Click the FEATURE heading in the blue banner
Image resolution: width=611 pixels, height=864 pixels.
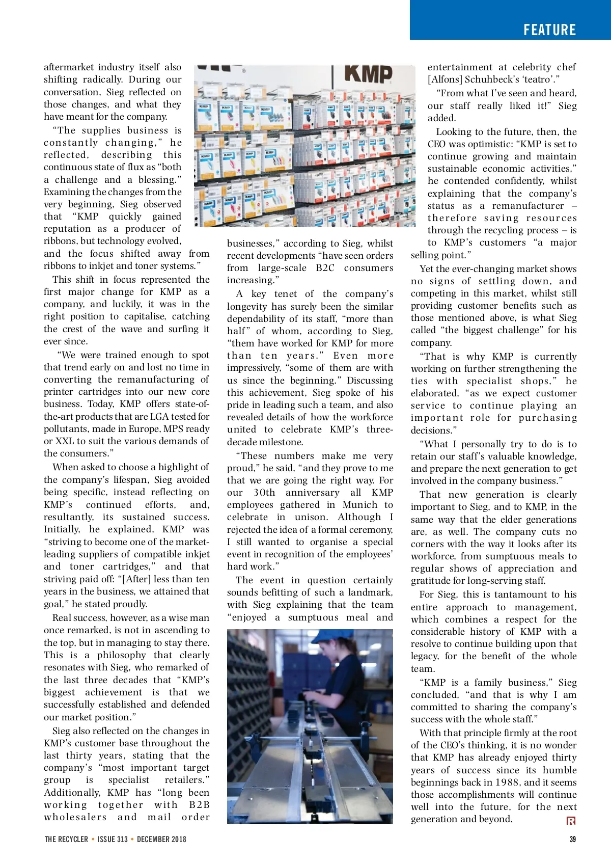click(x=549, y=30)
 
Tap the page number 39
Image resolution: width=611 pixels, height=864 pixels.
click(x=573, y=839)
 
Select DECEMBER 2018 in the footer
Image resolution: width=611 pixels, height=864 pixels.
click(x=161, y=839)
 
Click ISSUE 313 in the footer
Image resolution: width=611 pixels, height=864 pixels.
click(x=113, y=839)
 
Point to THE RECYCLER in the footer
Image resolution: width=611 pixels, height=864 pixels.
click(x=66, y=839)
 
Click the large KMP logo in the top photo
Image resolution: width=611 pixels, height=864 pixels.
click(x=369, y=74)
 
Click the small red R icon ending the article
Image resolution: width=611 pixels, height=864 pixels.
click(x=571, y=820)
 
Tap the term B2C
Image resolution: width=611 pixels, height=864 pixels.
click(x=325, y=268)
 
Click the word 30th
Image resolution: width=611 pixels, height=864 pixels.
click(x=264, y=493)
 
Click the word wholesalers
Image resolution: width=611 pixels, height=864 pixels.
click(x=75, y=817)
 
